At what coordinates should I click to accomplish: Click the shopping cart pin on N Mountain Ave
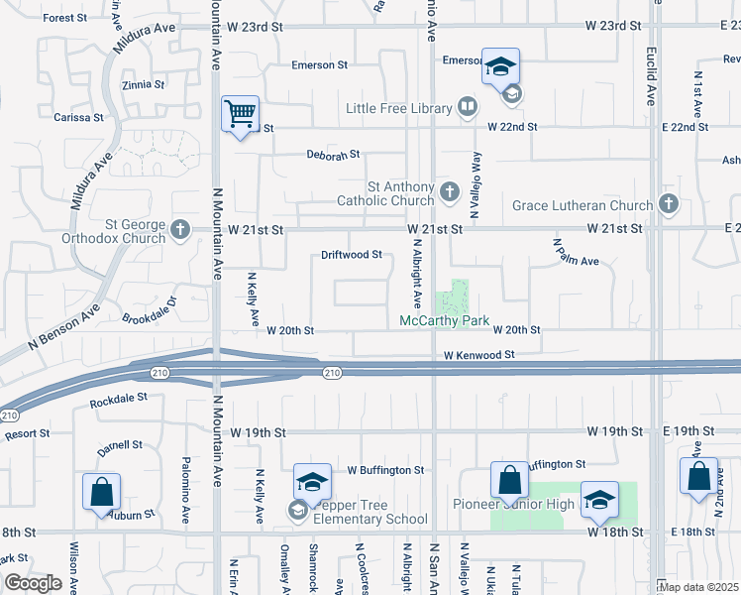click(x=241, y=117)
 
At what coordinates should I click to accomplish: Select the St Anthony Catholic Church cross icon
click(x=450, y=190)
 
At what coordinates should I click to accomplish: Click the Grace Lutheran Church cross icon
click(x=668, y=205)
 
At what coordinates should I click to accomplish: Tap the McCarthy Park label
click(x=445, y=321)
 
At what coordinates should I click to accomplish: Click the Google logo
click(x=33, y=583)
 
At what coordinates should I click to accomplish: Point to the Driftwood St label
click(x=352, y=255)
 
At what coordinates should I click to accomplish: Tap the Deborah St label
click(x=332, y=156)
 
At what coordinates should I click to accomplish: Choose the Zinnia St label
click(x=143, y=85)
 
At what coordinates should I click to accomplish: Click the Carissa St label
click(x=79, y=117)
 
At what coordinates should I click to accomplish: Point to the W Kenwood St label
click(x=479, y=354)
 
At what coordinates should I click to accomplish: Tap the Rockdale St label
click(x=118, y=399)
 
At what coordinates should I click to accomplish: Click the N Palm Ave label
click(x=577, y=254)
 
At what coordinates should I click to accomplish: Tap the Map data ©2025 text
click(x=698, y=586)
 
